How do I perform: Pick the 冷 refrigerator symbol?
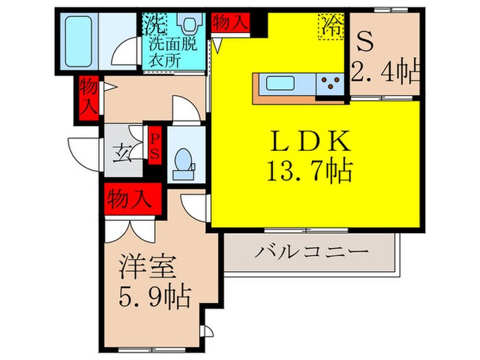click(x=333, y=27)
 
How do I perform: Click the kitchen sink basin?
click(x=282, y=85)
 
